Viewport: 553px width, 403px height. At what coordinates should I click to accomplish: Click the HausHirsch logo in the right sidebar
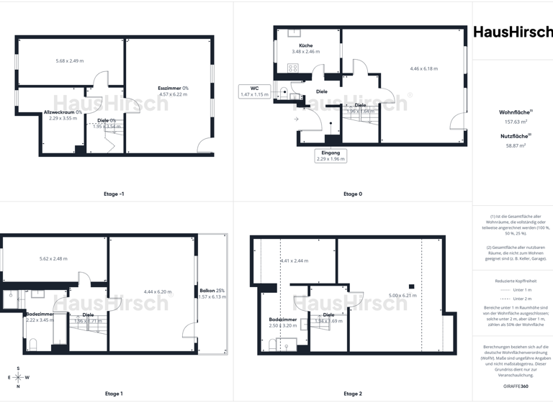click(x=513, y=32)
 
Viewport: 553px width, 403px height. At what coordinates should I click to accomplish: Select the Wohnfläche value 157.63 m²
click(x=513, y=122)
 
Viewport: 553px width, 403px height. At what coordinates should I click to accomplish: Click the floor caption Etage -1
click(x=114, y=194)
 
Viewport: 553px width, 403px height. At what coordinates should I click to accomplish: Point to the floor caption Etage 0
click(x=353, y=194)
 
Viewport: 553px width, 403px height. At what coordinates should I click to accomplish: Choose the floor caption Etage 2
click(x=353, y=394)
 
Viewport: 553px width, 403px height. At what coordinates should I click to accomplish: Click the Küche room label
click(x=305, y=45)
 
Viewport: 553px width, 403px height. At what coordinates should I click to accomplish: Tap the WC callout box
click(x=254, y=91)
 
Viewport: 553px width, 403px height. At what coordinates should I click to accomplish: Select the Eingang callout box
click(x=330, y=155)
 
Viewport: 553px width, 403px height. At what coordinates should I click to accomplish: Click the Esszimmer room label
click(x=173, y=88)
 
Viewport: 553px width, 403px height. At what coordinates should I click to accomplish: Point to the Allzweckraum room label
click(x=63, y=112)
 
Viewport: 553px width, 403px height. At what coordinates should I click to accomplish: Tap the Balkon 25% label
click(x=212, y=291)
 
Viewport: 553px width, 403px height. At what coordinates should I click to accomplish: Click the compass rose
click(x=19, y=377)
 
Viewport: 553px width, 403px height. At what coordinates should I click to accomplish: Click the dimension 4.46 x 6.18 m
click(x=424, y=68)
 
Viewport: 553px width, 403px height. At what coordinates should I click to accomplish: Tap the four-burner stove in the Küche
click(x=293, y=68)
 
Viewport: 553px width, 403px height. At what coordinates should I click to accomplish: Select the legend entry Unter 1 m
click(x=513, y=289)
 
